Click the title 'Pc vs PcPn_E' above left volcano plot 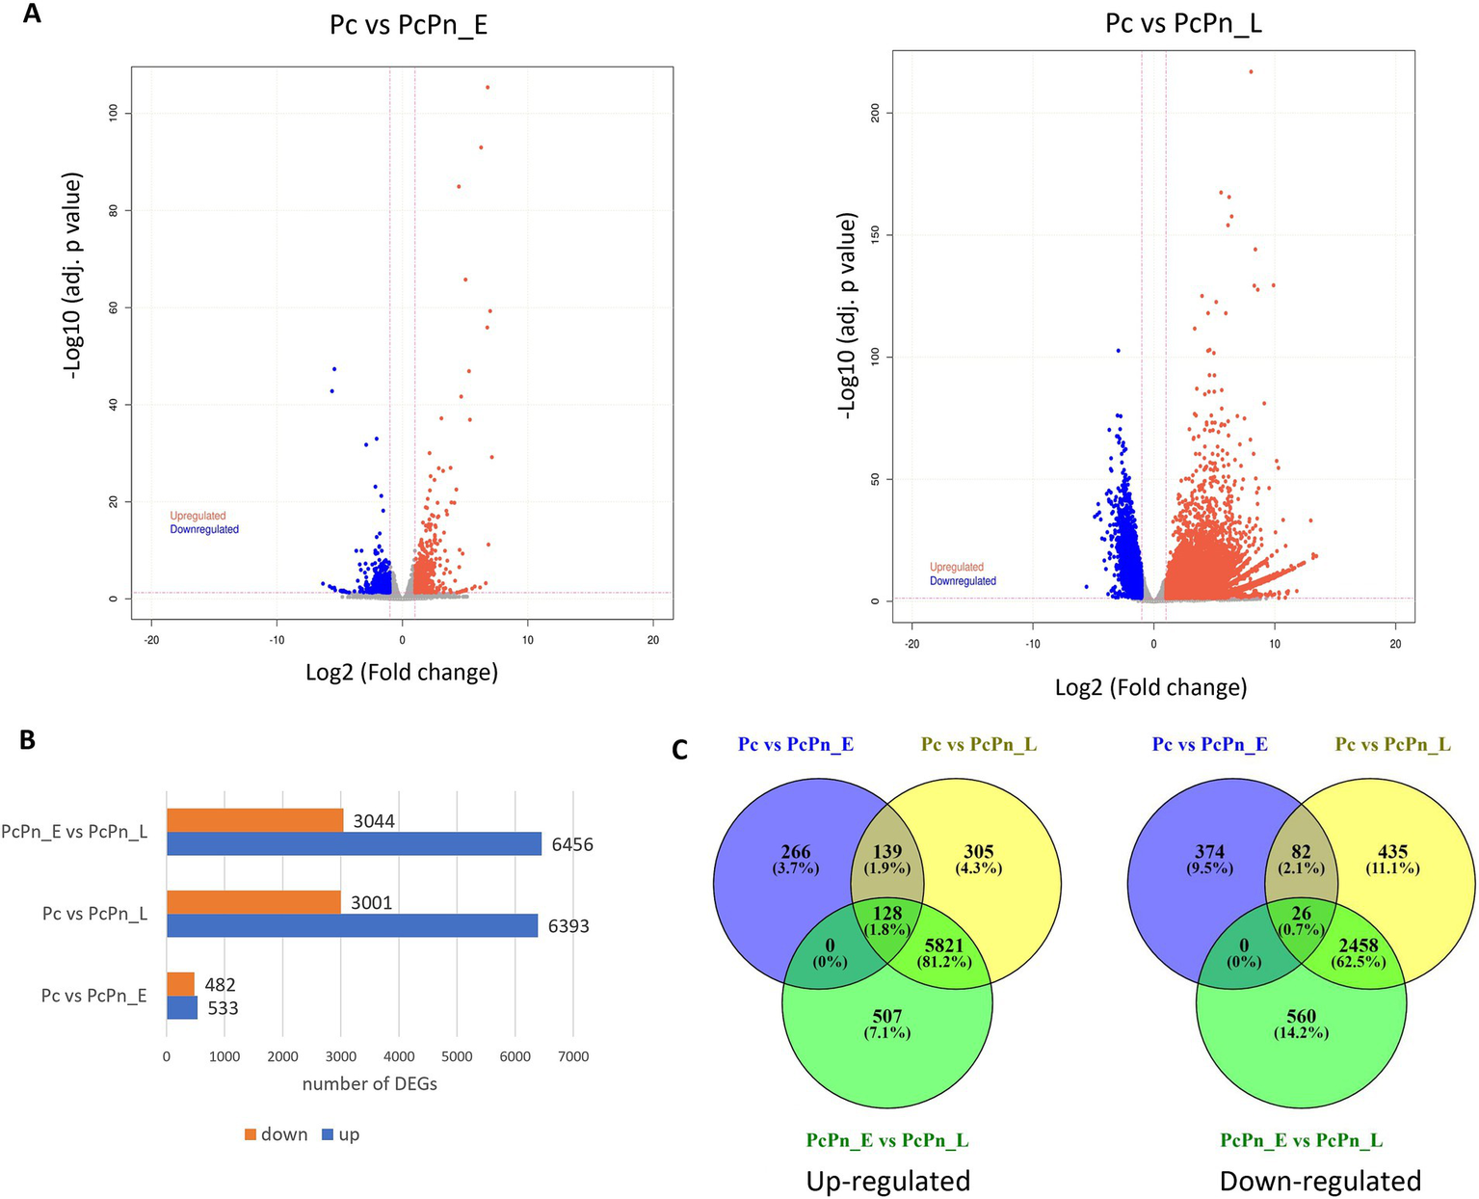[x=409, y=24]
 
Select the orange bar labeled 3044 [x=254, y=820]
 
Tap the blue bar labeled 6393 [x=352, y=925]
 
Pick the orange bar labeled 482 [x=180, y=984]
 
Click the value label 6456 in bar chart [x=572, y=845]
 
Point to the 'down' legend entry [x=276, y=1134]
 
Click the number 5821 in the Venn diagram [x=943, y=946]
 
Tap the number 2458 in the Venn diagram [x=1358, y=946]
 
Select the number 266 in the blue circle [x=796, y=852]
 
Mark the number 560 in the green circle [x=1301, y=1016]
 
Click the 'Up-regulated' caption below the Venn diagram [x=887, y=1181]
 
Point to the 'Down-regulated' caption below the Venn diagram [x=1320, y=1181]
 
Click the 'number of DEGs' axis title [x=370, y=1084]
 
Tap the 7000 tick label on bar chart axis [x=573, y=1056]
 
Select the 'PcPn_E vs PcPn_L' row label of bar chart [x=74, y=832]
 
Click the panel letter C [x=680, y=749]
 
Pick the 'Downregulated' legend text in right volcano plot [x=963, y=581]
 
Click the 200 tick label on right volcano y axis [x=875, y=114]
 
